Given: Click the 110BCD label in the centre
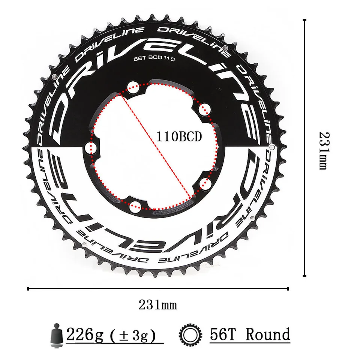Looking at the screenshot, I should [x=179, y=137].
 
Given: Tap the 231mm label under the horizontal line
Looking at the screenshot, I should [x=158, y=304].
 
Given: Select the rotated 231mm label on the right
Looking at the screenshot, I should [x=323, y=150].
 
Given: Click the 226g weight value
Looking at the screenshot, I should [x=84, y=334].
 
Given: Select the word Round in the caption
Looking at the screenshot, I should [x=268, y=334].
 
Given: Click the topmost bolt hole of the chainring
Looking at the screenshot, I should [x=132, y=87].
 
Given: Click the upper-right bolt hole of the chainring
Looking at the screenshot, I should [x=204, y=110].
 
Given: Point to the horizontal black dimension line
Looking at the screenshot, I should [x=158, y=288].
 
